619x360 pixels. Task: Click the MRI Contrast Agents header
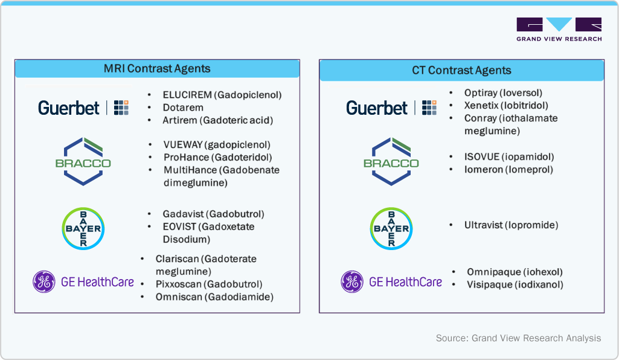(157, 68)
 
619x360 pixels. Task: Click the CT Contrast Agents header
(461, 70)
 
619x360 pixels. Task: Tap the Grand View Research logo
(559, 30)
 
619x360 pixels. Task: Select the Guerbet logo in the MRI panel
(83, 108)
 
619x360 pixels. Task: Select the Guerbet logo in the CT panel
(391, 108)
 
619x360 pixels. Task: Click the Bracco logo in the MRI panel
(83, 161)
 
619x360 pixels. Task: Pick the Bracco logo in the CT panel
(391, 161)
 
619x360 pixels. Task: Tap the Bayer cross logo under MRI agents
(83, 228)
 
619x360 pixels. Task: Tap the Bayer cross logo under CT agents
(391, 228)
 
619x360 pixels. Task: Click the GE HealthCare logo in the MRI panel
(83, 281)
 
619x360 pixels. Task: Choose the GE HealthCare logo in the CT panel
(391, 281)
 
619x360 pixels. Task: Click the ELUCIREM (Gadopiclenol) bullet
(222, 95)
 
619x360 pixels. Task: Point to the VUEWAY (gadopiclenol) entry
(216, 144)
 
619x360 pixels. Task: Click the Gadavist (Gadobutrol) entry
(213, 214)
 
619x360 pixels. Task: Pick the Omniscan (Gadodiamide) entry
(214, 297)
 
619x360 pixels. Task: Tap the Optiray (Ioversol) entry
(503, 92)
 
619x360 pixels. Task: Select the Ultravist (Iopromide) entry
(511, 225)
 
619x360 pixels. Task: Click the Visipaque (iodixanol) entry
(515, 284)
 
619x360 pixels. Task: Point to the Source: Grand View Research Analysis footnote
(518, 338)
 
